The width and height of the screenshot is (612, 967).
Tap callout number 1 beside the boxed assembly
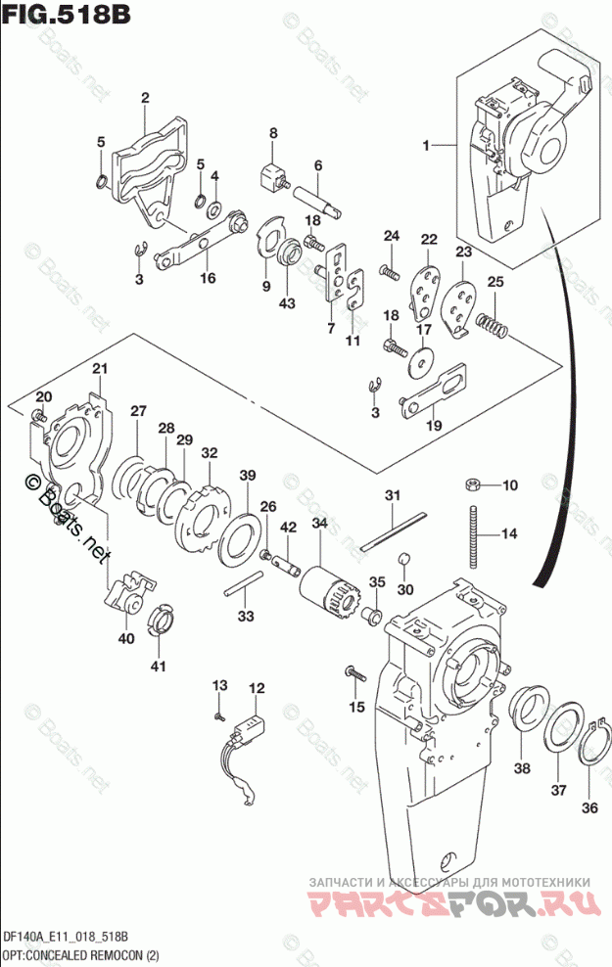(426, 146)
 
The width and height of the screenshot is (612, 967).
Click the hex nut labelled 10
(472, 484)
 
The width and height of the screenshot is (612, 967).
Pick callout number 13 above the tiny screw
(219, 684)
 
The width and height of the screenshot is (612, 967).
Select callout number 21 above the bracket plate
(99, 368)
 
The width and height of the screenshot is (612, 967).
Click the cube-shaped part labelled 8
(270, 178)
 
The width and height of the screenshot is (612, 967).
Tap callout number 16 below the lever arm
(207, 278)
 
